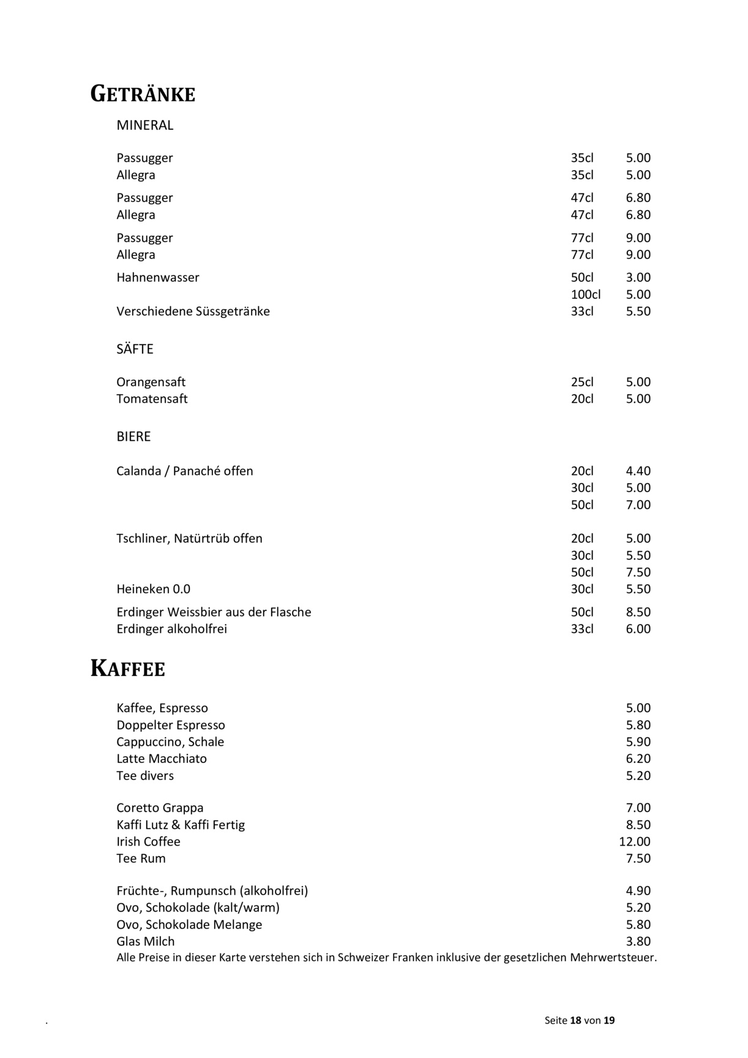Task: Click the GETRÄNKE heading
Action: coord(143,94)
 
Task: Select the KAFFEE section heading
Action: coord(128,669)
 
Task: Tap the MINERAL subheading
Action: coord(145,126)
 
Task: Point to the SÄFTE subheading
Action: coord(135,350)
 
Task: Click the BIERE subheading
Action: coord(133,437)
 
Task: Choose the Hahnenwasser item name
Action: coord(158,278)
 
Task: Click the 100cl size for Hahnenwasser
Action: coord(585,295)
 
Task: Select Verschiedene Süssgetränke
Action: coord(193,312)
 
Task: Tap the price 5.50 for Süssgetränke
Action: coord(638,312)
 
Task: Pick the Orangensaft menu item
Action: coord(151,383)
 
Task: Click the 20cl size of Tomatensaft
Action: coord(582,399)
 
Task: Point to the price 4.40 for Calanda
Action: coord(638,471)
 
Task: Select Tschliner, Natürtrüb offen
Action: coord(189,539)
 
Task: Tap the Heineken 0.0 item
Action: coord(153,590)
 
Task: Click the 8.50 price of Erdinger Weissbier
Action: coord(638,612)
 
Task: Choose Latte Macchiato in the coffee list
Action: coord(162,759)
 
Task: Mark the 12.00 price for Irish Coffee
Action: coord(635,842)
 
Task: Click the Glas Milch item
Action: coord(146,942)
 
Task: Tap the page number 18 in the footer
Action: coord(575,1021)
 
